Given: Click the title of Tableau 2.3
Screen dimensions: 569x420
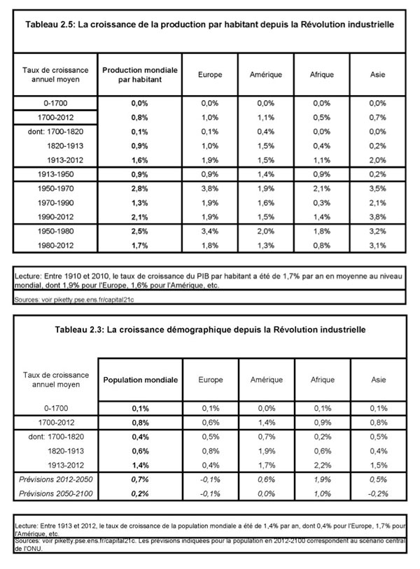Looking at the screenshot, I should [209, 328].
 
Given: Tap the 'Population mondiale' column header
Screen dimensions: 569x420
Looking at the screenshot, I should [140, 379].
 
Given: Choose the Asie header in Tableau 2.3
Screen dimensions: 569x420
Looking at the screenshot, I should [378, 379].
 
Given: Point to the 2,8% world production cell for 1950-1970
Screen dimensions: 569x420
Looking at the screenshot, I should [140, 188].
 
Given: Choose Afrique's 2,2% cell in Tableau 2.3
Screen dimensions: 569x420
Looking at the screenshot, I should [322, 463].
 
